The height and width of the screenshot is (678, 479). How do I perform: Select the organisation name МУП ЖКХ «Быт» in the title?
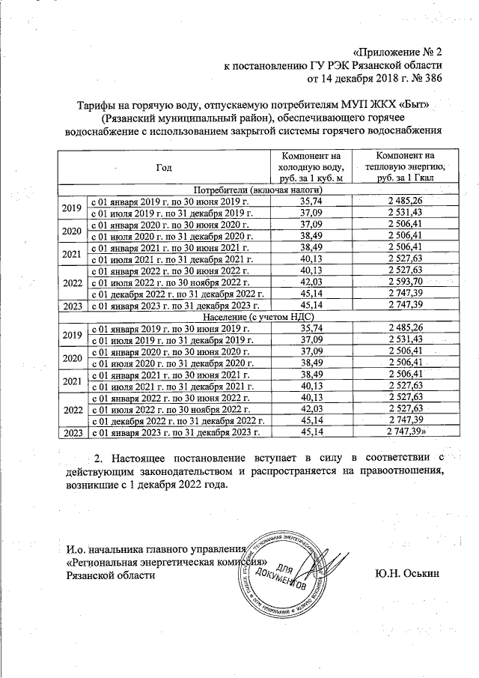[396, 106]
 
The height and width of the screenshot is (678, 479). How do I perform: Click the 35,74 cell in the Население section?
[309, 328]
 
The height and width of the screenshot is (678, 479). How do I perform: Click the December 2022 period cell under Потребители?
[178, 293]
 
